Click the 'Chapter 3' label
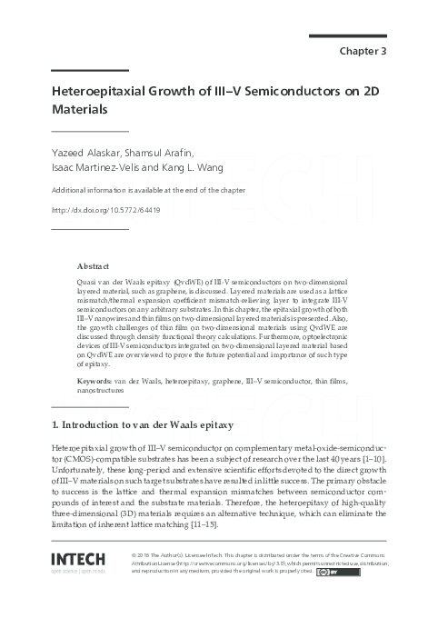[x=363, y=51]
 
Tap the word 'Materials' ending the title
[x=79, y=110]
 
